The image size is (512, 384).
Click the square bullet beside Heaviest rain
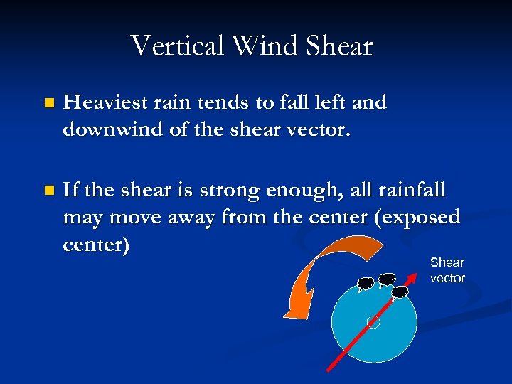[48, 103]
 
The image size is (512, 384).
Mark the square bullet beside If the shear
[48, 191]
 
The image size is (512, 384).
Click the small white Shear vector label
[447, 270]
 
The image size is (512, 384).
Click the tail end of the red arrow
[329, 370]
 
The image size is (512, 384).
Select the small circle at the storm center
[373, 322]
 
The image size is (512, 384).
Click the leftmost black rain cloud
[366, 284]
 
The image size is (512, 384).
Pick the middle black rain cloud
[387, 279]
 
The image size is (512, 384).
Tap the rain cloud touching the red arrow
[400, 292]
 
